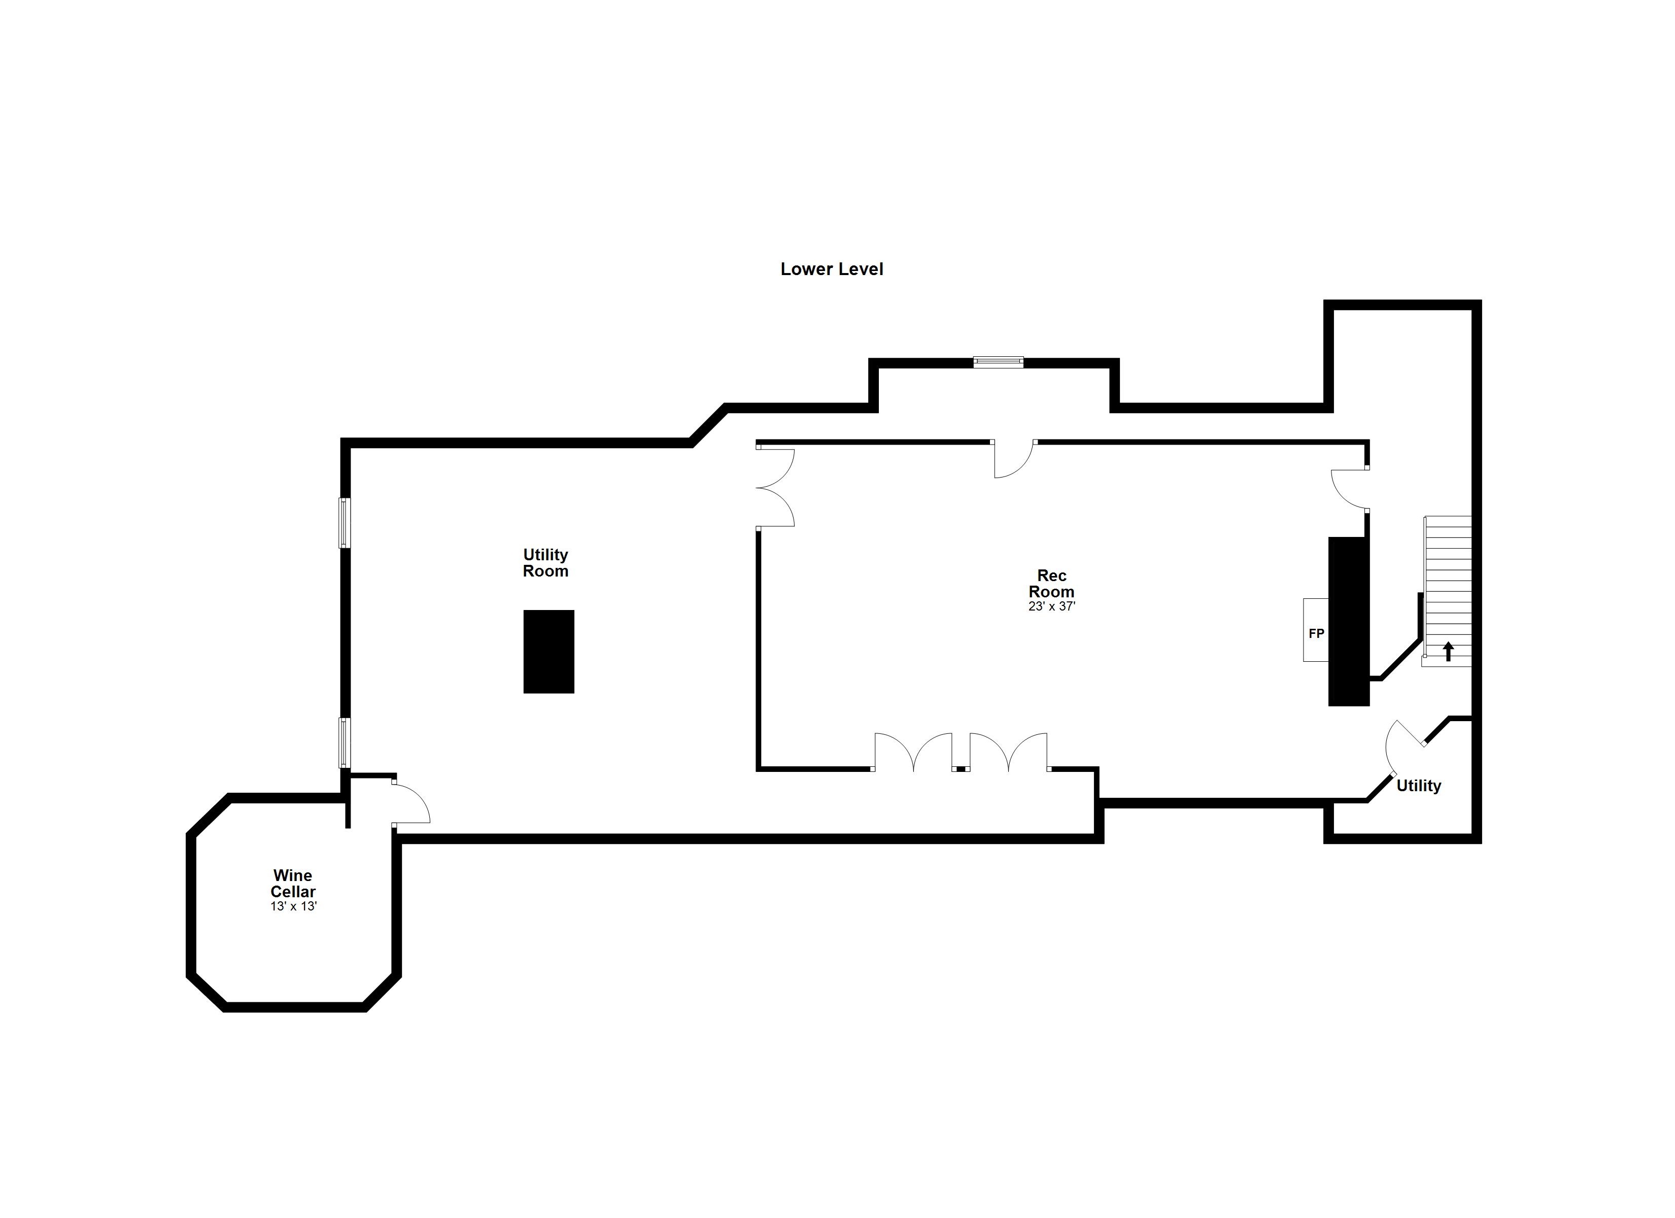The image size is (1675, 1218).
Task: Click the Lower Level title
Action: click(x=832, y=269)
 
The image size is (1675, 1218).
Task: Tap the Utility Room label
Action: click(x=546, y=563)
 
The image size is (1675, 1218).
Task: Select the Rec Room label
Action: click(x=1052, y=584)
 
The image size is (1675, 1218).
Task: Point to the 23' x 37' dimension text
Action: click(x=1052, y=606)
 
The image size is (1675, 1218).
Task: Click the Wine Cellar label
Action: click(x=293, y=884)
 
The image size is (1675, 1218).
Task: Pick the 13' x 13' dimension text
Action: click(x=293, y=906)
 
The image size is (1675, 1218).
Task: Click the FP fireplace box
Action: click(x=1316, y=630)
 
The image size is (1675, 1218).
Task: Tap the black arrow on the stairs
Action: click(x=1448, y=651)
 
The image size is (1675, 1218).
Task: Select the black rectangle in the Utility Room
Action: click(x=549, y=652)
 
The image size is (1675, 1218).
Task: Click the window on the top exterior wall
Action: click(x=999, y=361)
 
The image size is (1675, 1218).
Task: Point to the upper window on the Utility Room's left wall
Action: click(x=344, y=523)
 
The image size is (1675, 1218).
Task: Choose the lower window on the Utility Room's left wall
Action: click(x=344, y=742)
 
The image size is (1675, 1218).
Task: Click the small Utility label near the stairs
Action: click(x=1419, y=786)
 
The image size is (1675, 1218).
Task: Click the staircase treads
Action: click(x=1448, y=591)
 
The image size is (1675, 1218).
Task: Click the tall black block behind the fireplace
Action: click(x=1348, y=621)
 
